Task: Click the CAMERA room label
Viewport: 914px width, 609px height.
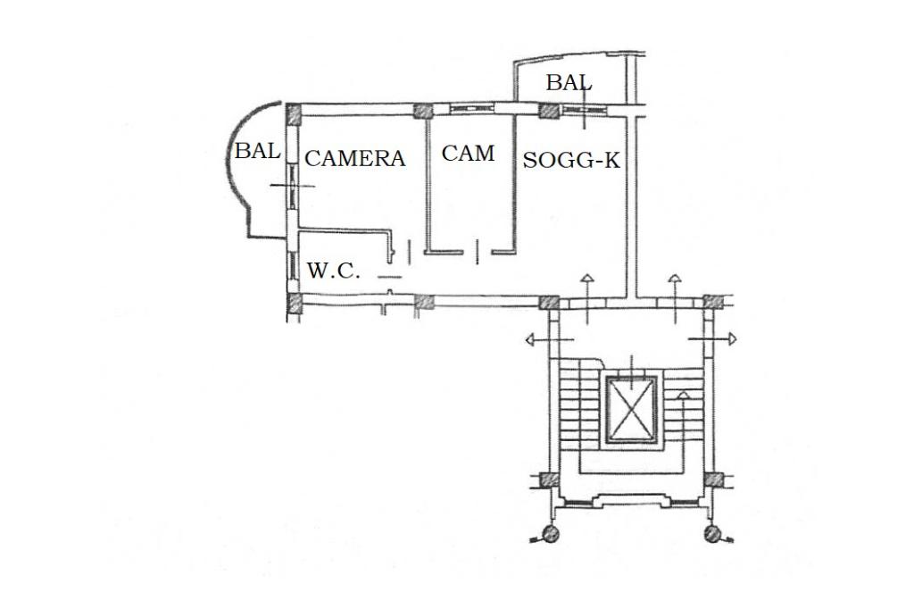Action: pyautogui.click(x=355, y=159)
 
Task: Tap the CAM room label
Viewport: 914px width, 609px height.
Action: pyautogui.click(x=468, y=154)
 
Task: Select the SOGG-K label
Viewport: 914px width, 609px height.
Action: pyautogui.click(x=571, y=161)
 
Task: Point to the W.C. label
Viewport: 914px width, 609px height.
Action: pyautogui.click(x=334, y=271)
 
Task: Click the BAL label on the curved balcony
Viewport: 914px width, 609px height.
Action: pyautogui.click(x=257, y=152)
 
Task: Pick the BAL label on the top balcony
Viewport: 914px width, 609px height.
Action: pyautogui.click(x=569, y=83)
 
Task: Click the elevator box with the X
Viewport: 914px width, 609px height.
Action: pyautogui.click(x=631, y=409)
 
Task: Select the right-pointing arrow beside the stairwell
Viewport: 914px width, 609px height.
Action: pyautogui.click(x=730, y=339)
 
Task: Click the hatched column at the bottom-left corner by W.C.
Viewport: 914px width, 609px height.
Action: pyautogui.click(x=293, y=304)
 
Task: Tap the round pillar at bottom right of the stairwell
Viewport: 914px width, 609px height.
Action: pyautogui.click(x=712, y=535)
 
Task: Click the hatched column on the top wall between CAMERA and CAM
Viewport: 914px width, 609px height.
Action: pyautogui.click(x=423, y=111)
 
